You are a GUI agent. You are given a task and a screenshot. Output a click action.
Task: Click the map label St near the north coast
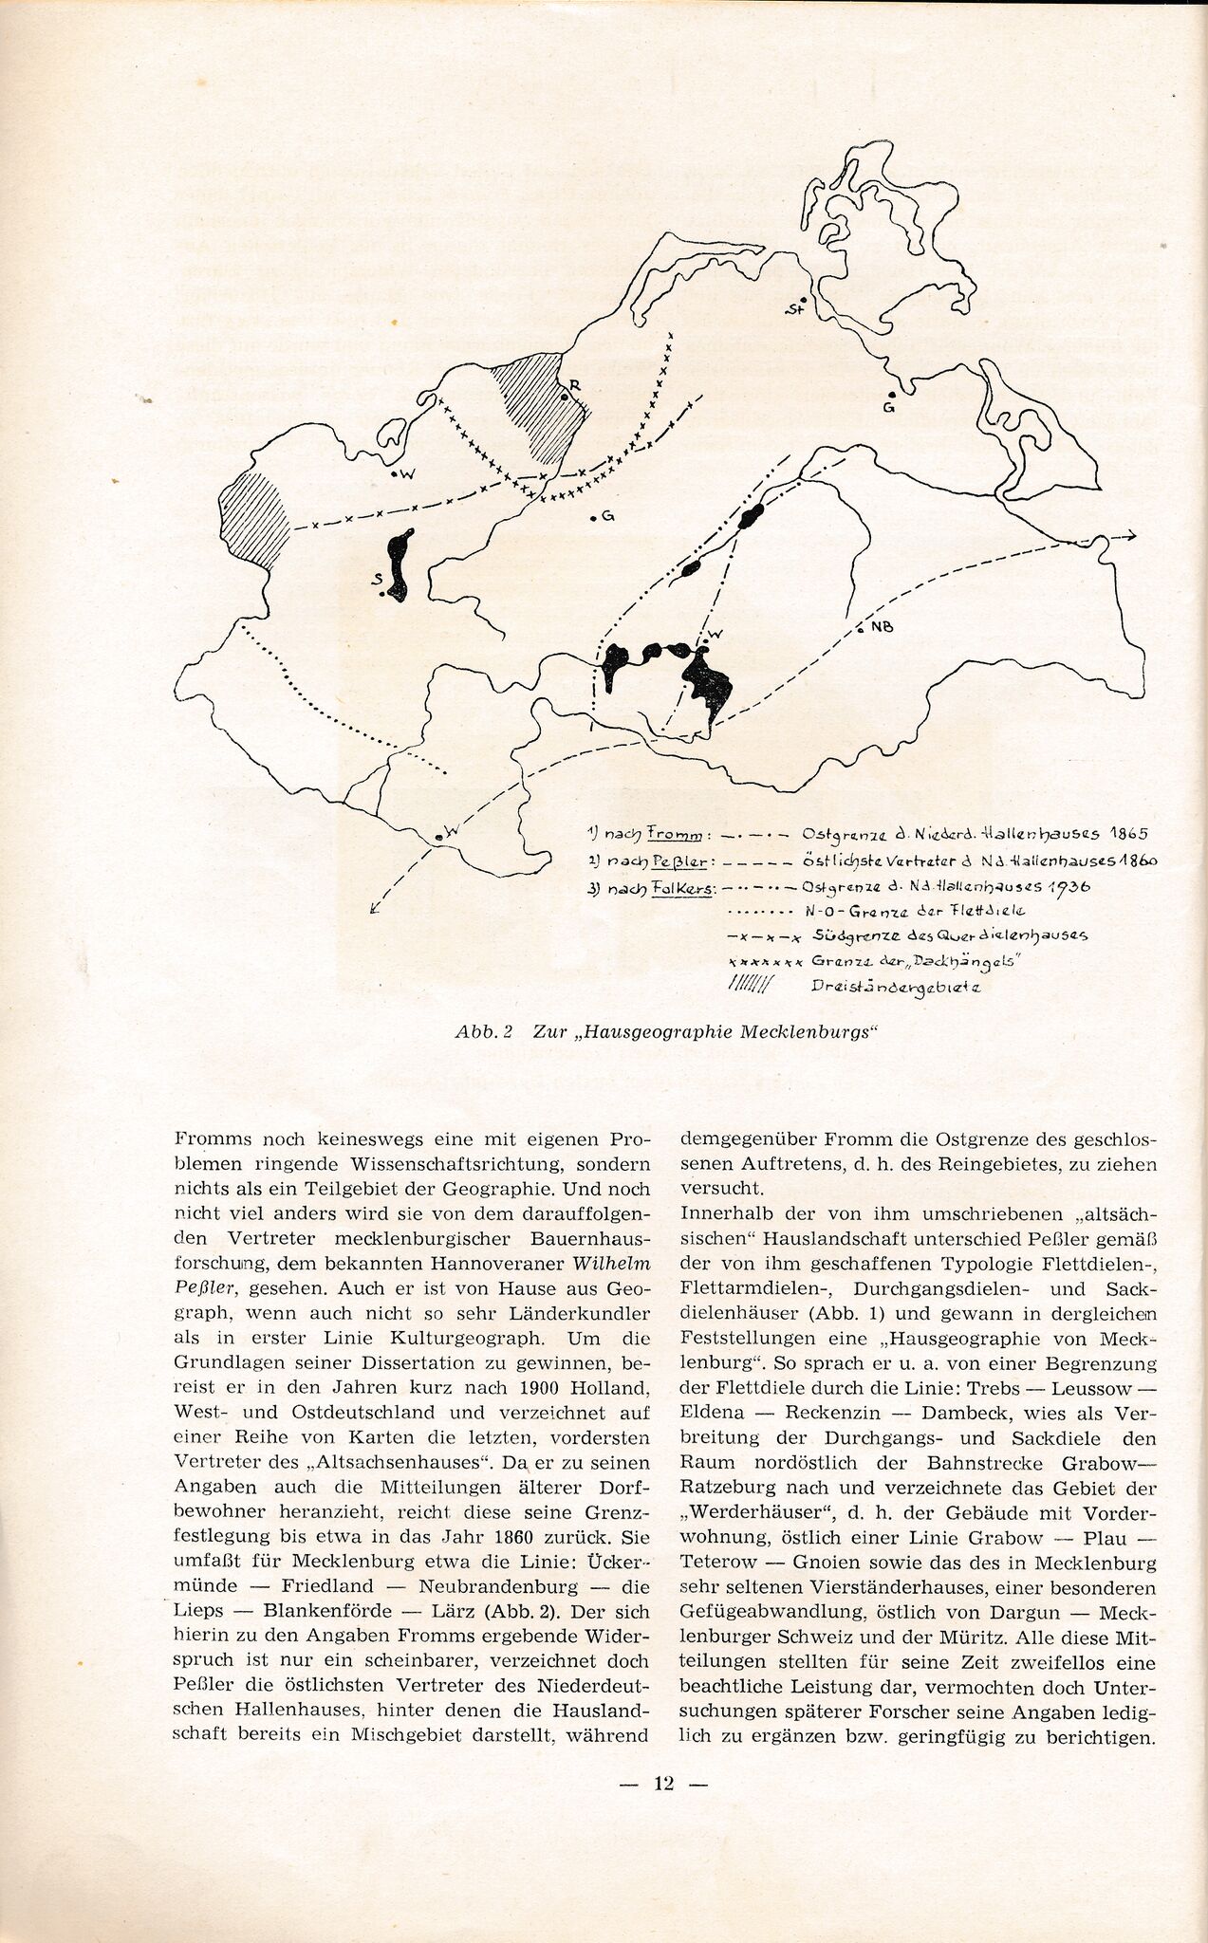[794, 308]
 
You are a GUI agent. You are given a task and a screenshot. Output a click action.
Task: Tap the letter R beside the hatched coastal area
[574, 386]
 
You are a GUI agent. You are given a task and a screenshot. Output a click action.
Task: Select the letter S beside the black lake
[377, 578]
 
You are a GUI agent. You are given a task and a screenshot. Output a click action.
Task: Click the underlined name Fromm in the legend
[678, 834]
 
